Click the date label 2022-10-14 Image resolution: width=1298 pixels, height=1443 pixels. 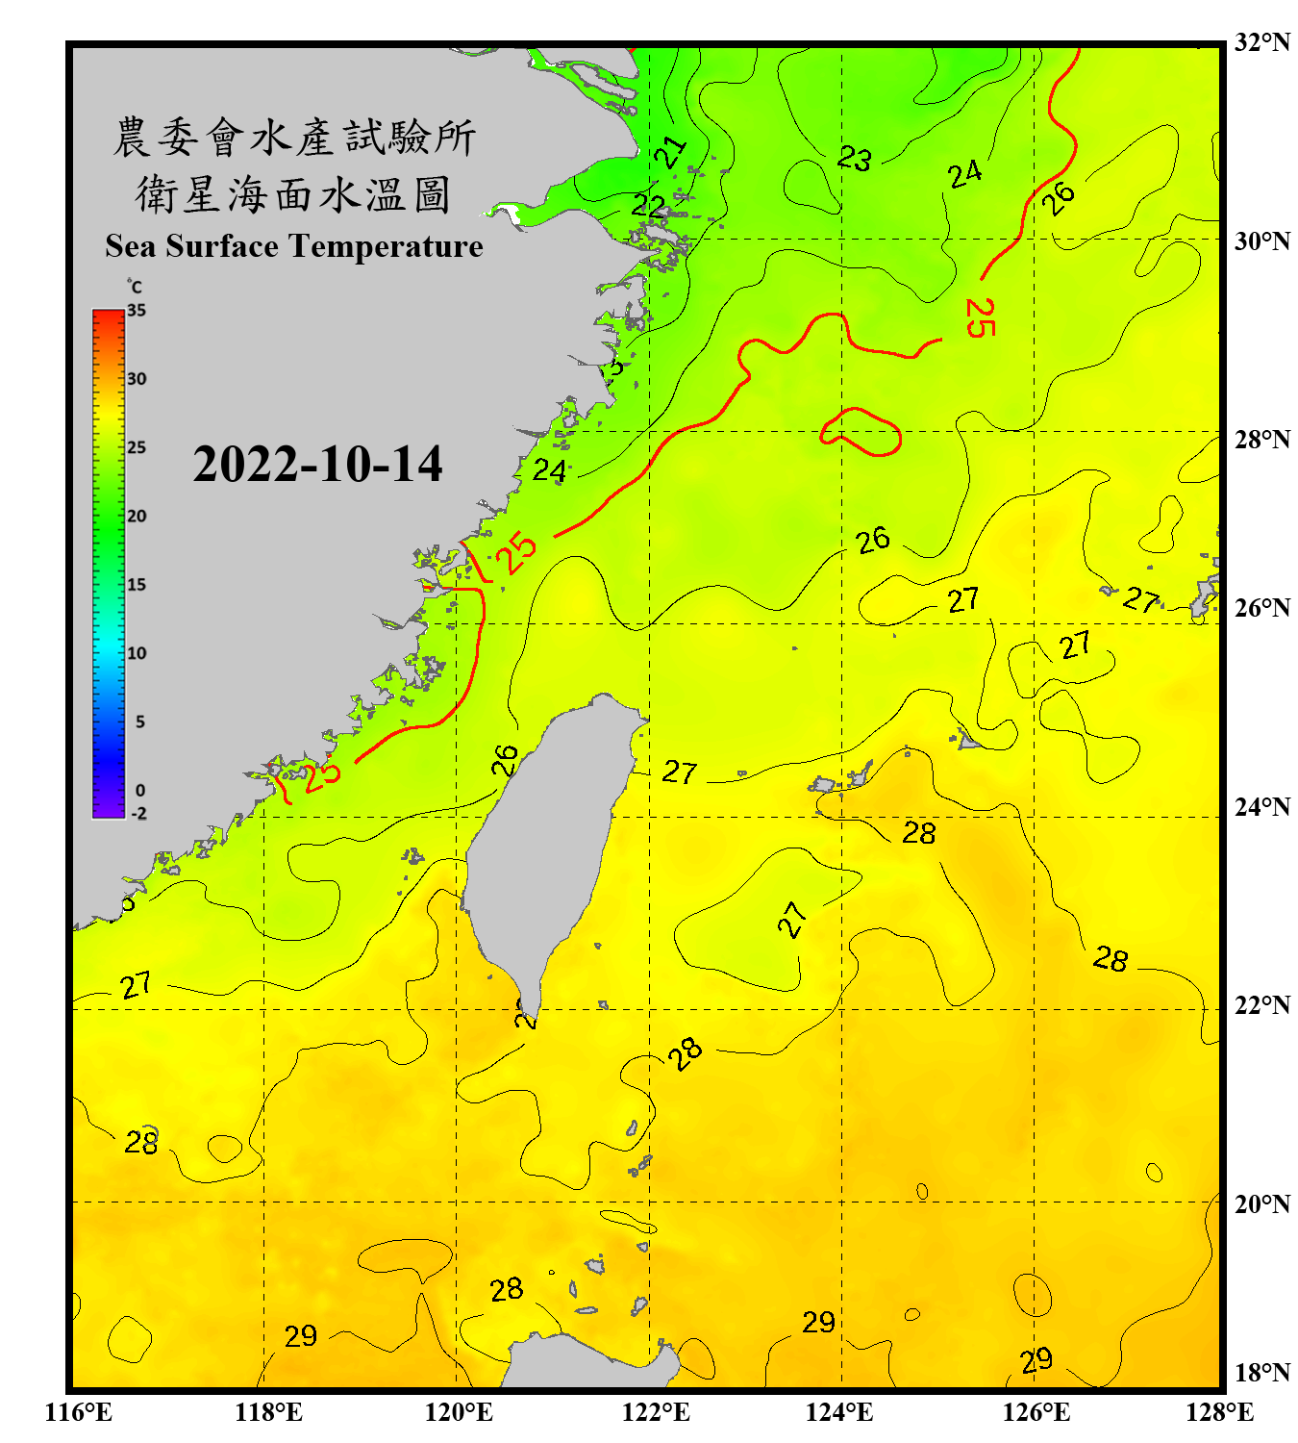(x=317, y=464)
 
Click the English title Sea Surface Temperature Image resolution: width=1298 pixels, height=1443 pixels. (x=294, y=246)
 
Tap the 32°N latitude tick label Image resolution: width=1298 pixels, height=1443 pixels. (x=1261, y=42)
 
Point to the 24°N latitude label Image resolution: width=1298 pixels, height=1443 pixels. (x=1261, y=807)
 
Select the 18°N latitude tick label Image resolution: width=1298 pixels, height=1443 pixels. (x=1261, y=1373)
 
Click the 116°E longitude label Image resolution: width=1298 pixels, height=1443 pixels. (x=79, y=1412)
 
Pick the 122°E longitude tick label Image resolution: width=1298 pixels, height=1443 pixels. (x=656, y=1412)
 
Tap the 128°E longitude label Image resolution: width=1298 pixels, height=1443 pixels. (x=1219, y=1412)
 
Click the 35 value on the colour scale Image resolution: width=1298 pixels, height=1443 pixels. (x=137, y=310)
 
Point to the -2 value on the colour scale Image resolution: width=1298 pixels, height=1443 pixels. (x=138, y=813)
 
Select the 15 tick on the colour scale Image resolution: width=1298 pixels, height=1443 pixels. (x=137, y=584)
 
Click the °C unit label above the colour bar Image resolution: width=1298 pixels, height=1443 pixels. (x=135, y=287)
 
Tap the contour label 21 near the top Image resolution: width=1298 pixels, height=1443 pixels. (x=670, y=151)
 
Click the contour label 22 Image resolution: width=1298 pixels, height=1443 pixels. (x=648, y=205)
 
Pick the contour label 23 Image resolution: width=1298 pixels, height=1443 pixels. (x=854, y=158)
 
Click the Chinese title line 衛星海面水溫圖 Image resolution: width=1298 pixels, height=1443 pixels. (x=293, y=194)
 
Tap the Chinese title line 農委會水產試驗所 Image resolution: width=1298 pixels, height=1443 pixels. (x=294, y=137)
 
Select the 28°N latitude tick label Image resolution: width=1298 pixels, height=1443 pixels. (x=1261, y=440)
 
